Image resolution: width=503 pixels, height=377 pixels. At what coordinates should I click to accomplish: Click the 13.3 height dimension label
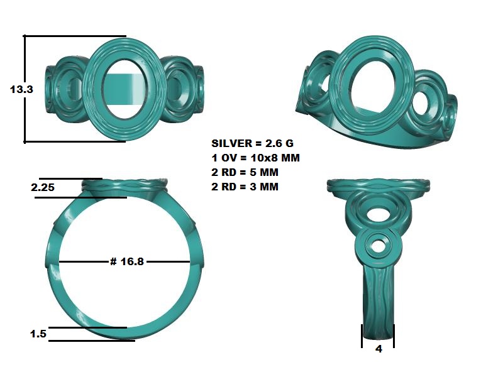pos(21,89)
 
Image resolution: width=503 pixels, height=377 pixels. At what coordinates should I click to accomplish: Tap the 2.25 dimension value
pos(43,187)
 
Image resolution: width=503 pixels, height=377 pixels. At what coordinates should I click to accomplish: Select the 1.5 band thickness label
pos(38,334)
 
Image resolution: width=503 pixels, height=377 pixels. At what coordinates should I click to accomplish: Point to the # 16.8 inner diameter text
pos(127,261)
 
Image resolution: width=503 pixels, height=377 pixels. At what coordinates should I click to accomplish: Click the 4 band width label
pos(379,349)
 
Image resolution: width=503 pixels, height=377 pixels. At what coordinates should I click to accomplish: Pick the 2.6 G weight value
pos(279,143)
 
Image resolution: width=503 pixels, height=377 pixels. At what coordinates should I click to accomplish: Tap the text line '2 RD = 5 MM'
pos(245,172)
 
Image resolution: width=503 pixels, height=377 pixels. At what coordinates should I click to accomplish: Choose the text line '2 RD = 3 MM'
pos(245,187)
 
